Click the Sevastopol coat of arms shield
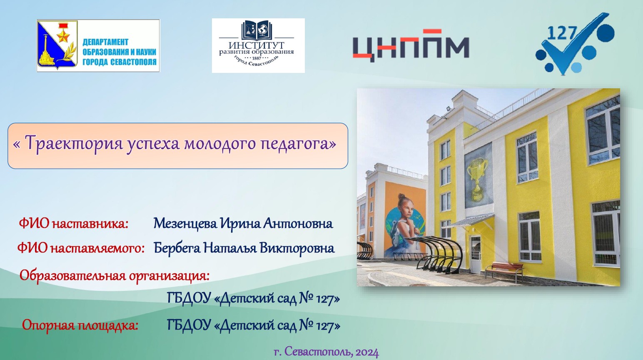click(x=57, y=45)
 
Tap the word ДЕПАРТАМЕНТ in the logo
click(x=105, y=42)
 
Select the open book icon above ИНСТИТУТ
click(x=256, y=30)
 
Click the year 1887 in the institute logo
click(x=257, y=58)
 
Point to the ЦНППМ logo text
click(x=411, y=46)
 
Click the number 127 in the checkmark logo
click(x=562, y=33)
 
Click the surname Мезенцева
click(x=185, y=223)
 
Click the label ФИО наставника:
click(x=73, y=223)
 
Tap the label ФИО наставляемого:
click(x=81, y=248)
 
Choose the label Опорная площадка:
click(x=80, y=325)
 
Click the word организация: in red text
click(x=169, y=276)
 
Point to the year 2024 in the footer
click(x=367, y=352)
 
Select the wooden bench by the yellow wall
click(x=504, y=270)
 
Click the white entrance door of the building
click(x=475, y=254)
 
